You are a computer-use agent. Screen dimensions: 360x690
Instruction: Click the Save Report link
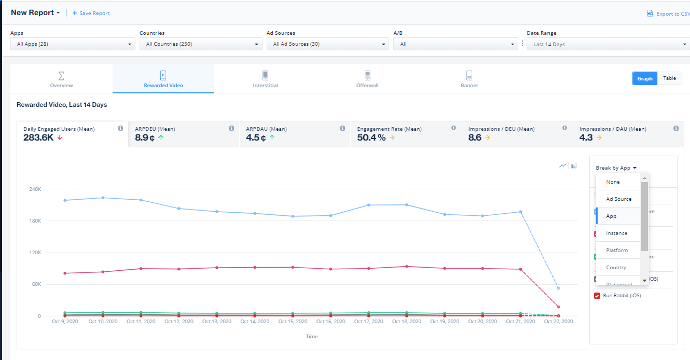coord(91,13)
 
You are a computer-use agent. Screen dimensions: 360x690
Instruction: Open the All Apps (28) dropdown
coord(73,44)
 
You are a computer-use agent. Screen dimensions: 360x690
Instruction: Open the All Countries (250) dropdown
coord(200,44)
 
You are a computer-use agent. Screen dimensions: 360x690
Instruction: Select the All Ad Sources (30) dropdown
coord(327,44)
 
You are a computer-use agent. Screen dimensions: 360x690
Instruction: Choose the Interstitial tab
coord(265,79)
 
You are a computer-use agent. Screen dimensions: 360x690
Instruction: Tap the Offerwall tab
coord(367,79)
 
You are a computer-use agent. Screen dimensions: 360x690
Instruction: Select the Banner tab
coord(469,79)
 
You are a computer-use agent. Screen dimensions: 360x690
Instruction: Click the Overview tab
coord(61,79)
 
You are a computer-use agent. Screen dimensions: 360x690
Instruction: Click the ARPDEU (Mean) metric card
coord(183,134)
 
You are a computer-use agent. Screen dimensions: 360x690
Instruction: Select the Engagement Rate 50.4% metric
coord(405,134)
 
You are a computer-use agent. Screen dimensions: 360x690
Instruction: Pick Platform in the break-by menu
coord(617,250)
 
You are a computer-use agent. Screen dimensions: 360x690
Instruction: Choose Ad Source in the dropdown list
coord(618,199)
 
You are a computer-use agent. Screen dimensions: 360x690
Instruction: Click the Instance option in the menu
coord(616,233)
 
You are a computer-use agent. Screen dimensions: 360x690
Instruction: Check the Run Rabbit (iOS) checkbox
coord(597,296)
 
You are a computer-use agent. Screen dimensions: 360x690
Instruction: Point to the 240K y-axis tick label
coord(35,189)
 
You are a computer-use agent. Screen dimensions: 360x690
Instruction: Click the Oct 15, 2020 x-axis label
coord(293,322)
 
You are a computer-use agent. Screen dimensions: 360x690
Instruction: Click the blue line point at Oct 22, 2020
coord(558,288)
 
